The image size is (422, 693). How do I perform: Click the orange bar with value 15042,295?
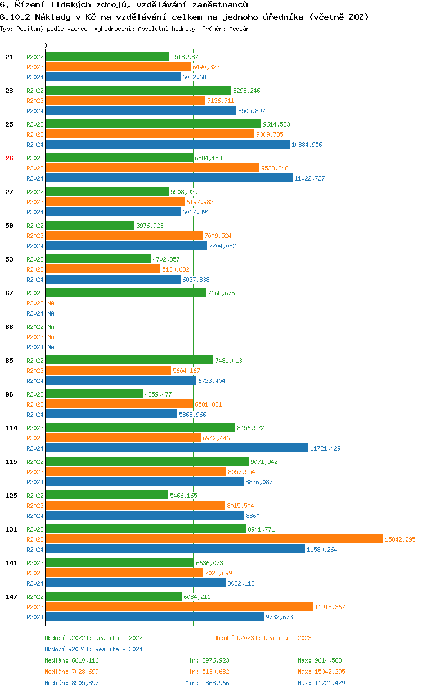pos(214,539)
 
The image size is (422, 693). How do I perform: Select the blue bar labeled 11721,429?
pos(177,448)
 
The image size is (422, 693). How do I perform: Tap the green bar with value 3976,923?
pos(90,226)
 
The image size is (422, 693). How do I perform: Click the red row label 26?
pos(9,158)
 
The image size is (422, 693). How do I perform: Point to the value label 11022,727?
pos(310,178)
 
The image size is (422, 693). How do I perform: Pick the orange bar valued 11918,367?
pos(179,607)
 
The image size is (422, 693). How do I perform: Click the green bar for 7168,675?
pos(125,293)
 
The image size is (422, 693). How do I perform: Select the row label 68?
pos(9,327)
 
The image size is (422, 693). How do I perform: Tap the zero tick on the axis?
pos(46,46)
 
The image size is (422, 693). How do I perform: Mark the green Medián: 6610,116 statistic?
pos(71,660)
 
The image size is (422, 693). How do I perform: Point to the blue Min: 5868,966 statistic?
pos(207,683)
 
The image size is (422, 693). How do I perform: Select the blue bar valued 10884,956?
pos(168,145)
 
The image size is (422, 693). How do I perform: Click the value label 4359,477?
pos(158,394)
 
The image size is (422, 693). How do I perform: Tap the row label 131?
pos(11,529)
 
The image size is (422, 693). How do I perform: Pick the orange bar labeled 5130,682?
pos(103,269)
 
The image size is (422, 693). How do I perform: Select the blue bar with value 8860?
pos(145,516)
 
